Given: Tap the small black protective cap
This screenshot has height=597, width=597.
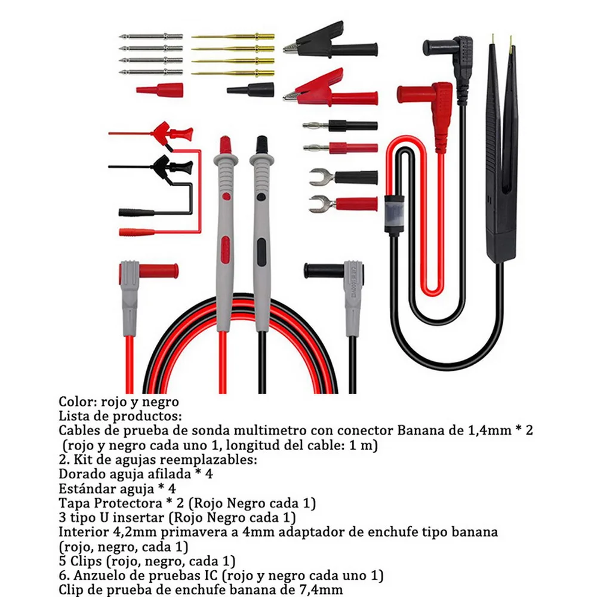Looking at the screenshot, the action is point(251,90).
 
